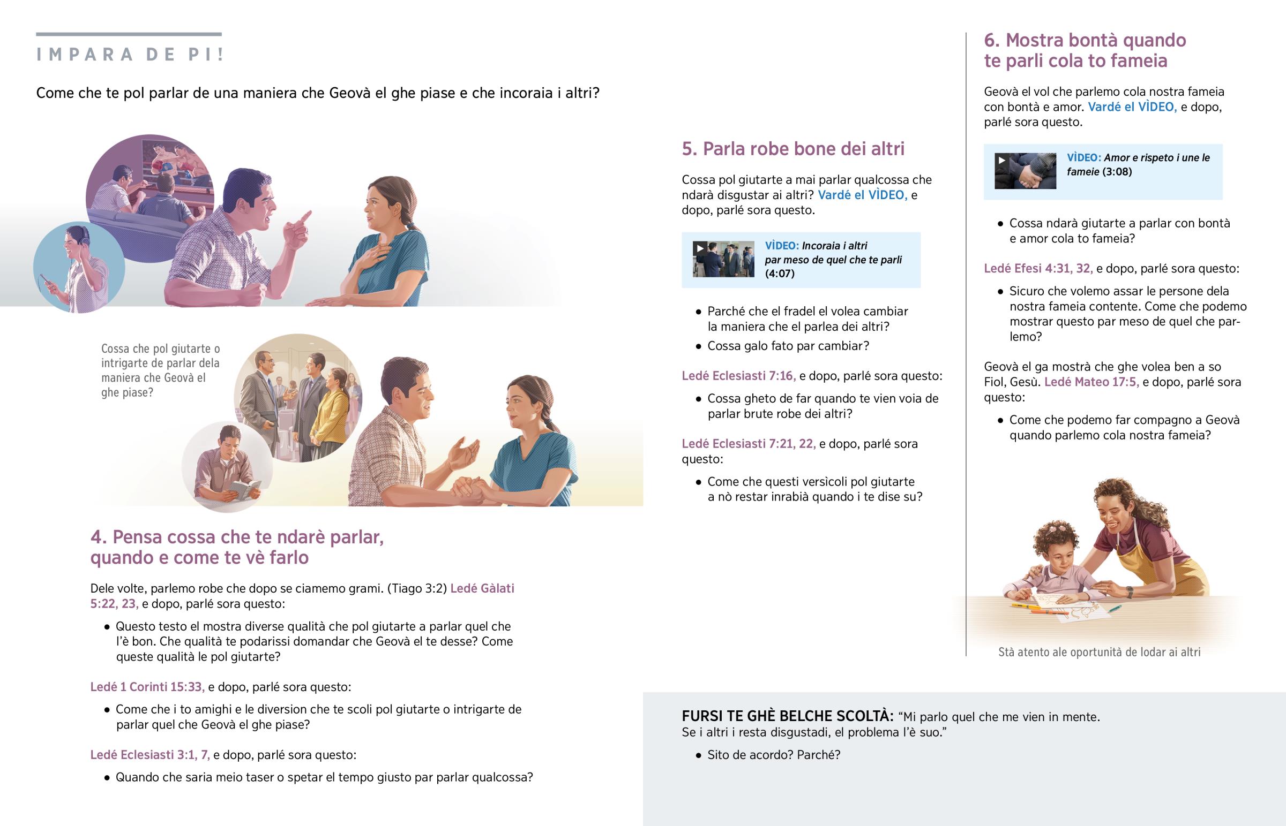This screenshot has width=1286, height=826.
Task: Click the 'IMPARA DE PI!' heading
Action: coord(129,55)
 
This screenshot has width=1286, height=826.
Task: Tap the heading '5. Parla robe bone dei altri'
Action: coord(792,149)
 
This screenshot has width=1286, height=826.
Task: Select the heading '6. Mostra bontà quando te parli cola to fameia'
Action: coord(1085,50)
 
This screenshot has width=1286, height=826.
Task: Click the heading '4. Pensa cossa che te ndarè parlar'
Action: coord(237,537)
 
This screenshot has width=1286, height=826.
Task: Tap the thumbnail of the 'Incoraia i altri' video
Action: coord(723,259)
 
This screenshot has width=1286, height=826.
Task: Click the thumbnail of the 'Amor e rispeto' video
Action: coord(1025,171)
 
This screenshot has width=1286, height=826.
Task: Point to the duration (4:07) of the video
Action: coord(780,274)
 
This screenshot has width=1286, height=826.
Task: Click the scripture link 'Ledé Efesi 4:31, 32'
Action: coord(1038,268)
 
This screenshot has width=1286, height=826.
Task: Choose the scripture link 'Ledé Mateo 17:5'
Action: coord(1091,382)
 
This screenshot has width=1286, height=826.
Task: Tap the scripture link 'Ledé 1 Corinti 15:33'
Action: coord(147,687)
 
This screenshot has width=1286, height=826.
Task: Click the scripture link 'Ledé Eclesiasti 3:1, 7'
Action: coord(149,755)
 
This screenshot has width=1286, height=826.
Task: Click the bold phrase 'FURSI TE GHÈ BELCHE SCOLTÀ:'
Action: coord(787,716)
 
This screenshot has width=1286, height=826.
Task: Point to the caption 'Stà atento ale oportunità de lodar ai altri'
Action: coord(1099,652)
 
